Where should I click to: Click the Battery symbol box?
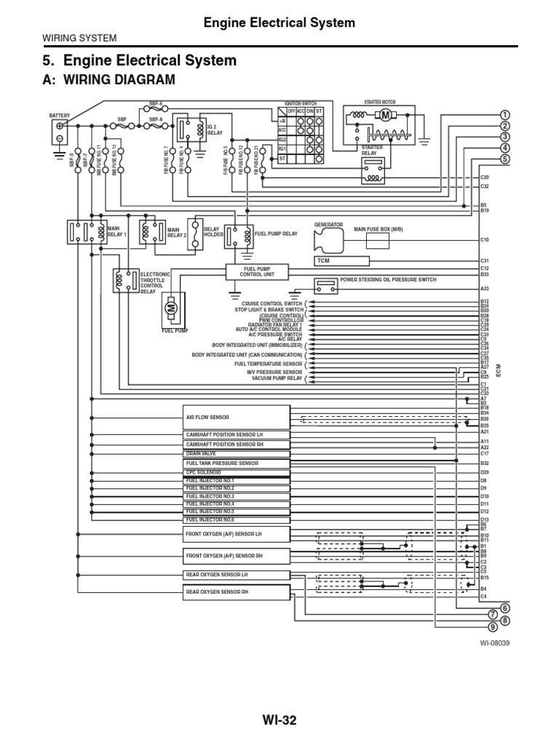tap(59, 132)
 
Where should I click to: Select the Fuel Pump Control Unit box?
tap(246, 272)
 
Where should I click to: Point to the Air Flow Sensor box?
tap(237, 418)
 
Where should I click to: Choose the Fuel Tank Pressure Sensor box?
tap(237, 463)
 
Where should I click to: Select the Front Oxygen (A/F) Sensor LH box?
tap(237, 535)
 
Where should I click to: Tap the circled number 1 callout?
tap(505, 115)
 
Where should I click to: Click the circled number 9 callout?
tap(493, 626)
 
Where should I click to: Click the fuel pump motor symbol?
tap(173, 308)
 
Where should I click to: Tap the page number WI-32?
tap(279, 720)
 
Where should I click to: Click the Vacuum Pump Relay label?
tap(277, 379)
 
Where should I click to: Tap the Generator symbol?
tap(329, 241)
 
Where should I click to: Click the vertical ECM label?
tap(499, 371)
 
